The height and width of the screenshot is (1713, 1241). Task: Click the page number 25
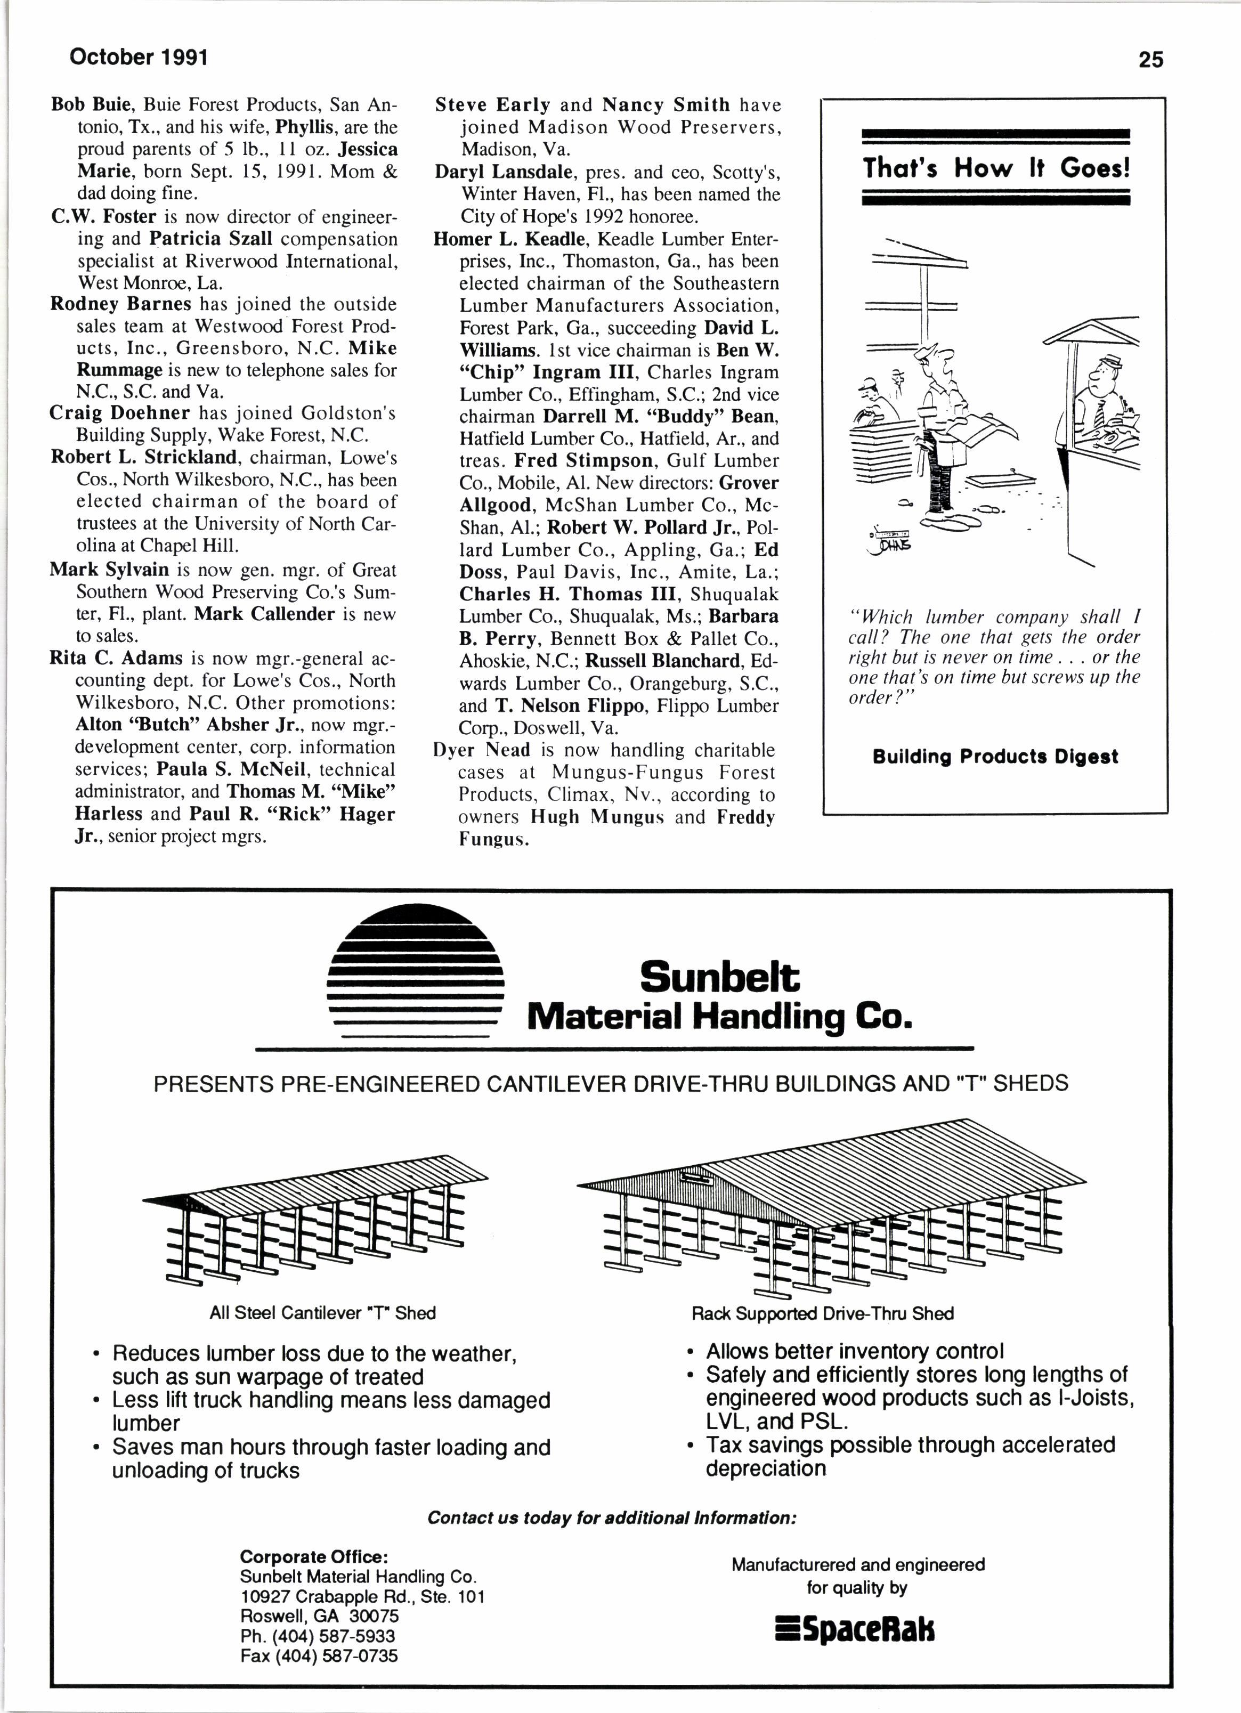(1150, 60)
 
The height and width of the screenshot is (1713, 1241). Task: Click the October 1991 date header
(138, 56)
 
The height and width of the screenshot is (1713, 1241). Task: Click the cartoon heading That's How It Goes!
(995, 168)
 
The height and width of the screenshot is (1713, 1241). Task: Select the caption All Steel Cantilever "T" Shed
(322, 1313)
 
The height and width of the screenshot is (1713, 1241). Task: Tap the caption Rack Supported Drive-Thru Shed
(822, 1313)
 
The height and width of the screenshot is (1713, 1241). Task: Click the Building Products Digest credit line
(995, 757)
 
